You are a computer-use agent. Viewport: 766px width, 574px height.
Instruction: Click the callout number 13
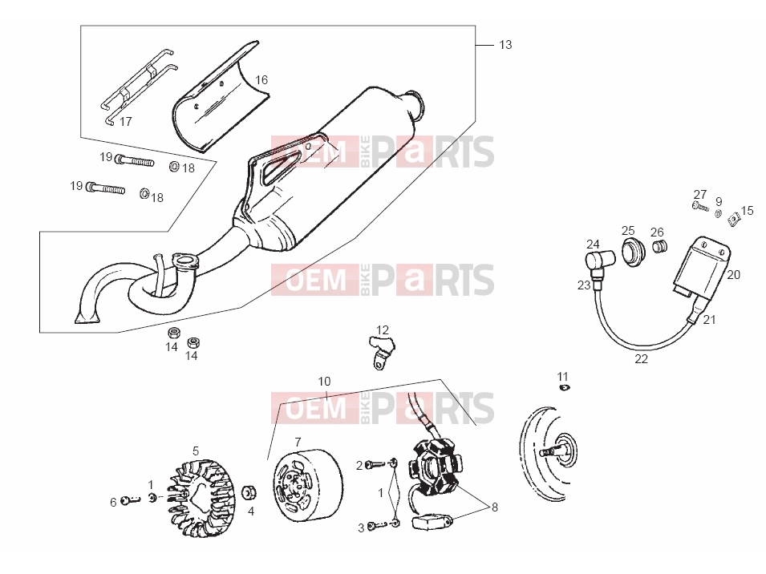pos(505,45)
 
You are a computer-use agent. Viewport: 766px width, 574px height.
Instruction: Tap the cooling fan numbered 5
pos(201,497)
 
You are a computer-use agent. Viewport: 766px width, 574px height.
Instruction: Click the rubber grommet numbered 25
pos(633,252)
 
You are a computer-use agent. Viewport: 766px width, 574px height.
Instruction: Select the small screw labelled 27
pos(700,207)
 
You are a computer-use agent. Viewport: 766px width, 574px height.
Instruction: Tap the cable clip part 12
pos(382,350)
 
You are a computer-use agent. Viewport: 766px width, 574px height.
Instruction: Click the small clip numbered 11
pos(564,387)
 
